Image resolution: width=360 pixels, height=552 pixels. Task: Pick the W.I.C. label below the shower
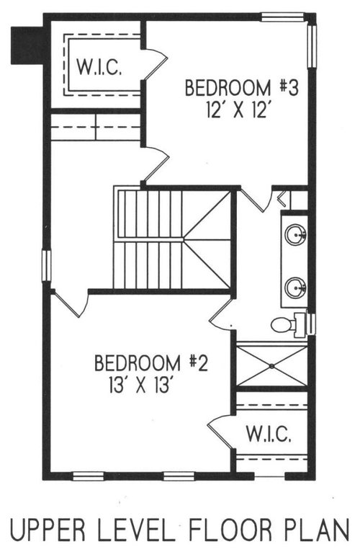pos(269,434)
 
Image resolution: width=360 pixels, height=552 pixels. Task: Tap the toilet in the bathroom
pos(286,324)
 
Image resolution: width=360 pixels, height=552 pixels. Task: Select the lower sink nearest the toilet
pos(295,288)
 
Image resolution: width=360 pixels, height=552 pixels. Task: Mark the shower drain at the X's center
pos(272,366)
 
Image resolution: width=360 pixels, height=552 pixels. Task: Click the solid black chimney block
pos(27,45)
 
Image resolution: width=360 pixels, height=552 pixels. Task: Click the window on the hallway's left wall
pos(47,265)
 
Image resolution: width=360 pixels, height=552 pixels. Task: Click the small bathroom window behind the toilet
pos(311,321)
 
